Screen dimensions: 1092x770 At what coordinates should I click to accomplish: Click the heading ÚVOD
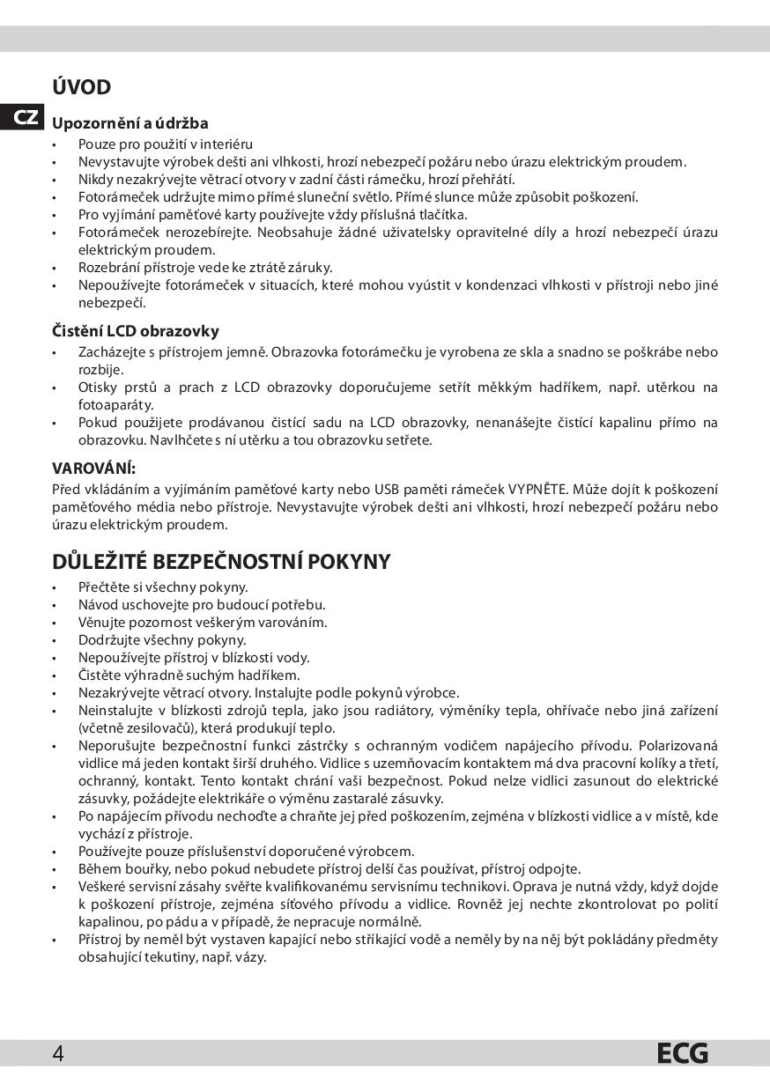coord(81,88)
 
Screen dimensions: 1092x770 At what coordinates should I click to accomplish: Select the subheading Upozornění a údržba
coord(130,123)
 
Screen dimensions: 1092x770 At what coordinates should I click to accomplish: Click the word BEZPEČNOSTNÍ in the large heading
coord(235,562)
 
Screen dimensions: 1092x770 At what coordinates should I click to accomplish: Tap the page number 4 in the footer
coord(57,1053)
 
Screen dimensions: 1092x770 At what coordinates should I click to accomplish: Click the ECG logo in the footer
coord(682,1053)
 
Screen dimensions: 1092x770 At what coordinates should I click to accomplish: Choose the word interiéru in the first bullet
coord(227,144)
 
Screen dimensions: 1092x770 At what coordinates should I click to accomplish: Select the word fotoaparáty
coord(115,405)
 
